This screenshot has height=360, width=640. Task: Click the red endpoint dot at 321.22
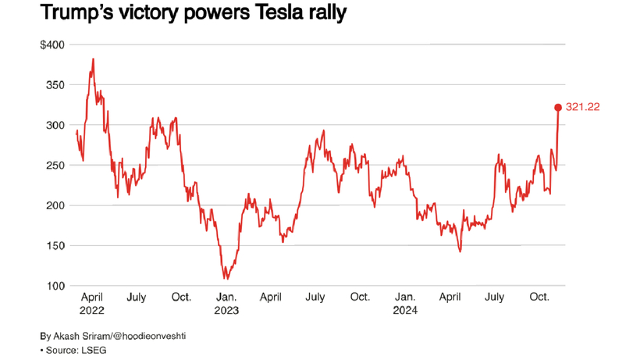[x=558, y=108]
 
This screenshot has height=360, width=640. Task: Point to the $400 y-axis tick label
[x=53, y=45]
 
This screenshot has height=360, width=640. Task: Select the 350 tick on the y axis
[x=55, y=84]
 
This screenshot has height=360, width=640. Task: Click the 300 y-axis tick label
[x=55, y=125]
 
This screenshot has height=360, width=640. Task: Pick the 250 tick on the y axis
[x=55, y=166]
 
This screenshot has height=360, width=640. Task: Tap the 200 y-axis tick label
[x=55, y=205]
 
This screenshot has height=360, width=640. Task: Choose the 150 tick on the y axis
[x=55, y=246]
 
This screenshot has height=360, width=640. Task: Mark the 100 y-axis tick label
[x=55, y=287]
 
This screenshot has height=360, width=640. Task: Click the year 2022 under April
[x=93, y=310]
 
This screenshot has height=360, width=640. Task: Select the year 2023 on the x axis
[x=226, y=310]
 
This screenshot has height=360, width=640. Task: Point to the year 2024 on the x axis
[x=404, y=310]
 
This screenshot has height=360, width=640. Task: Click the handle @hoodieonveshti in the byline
[x=147, y=335]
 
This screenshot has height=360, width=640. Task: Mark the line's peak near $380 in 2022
[x=94, y=59]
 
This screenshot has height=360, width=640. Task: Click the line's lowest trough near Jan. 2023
[x=226, y=278]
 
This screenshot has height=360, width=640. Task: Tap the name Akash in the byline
[x=68, y=335]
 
